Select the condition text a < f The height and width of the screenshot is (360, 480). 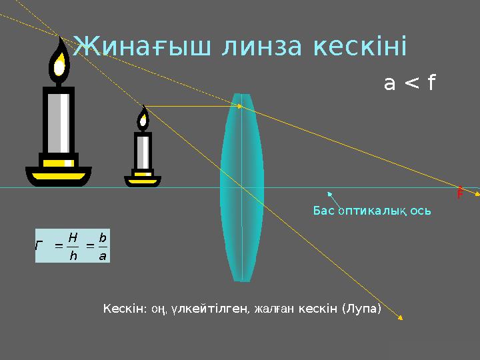click(x=409, y=83)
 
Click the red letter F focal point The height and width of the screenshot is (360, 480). click(x=460, y=194)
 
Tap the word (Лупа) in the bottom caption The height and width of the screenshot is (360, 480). click(x=361, y=309)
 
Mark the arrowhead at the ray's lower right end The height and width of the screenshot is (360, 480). click(x=401, y=319)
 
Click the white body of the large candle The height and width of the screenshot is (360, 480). click(x=59, y=123)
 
